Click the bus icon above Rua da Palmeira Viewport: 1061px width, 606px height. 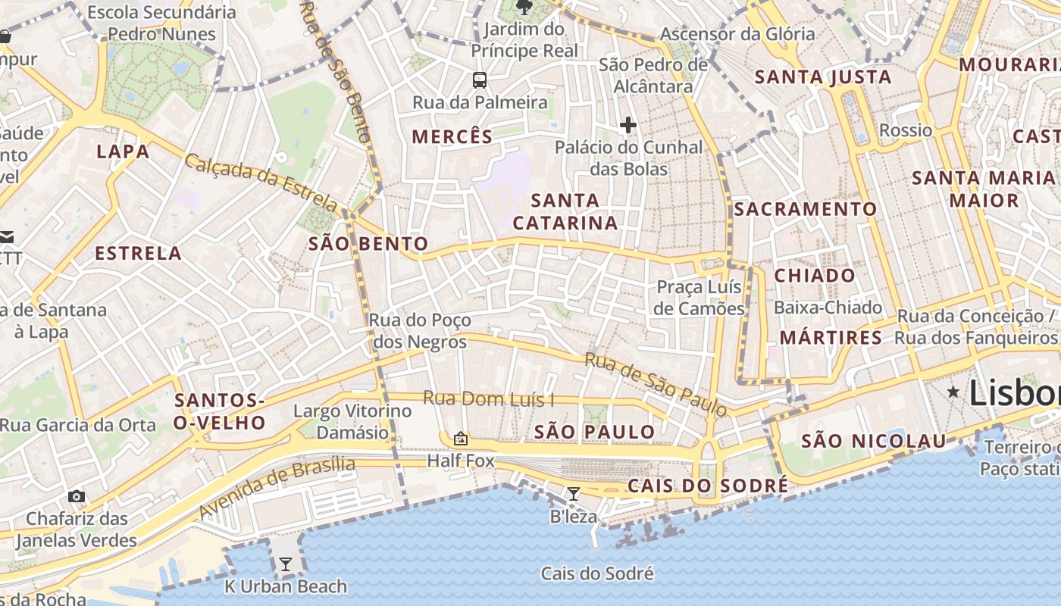pyautogui.click(x=479, y=80)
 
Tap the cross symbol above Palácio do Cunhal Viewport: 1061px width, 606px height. pyautogui.click(x=628, y=125)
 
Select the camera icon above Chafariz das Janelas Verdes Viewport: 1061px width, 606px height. pyautogui.click(x=77, y=496)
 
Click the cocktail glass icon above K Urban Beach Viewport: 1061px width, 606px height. pyautogui.click(x=285, y=564)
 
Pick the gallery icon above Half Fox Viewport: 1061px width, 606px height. pyautogui.click(x=460, y=439)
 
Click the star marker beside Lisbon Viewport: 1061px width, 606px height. pyautogui.click(x=953, y=391)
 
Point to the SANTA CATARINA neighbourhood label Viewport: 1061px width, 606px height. pyautogui.click(x=565, y=211)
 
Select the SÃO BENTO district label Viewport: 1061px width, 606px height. pyautogui.click(x=368, y=244)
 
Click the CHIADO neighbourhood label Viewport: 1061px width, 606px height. pyautogui.click(x=815, y=276)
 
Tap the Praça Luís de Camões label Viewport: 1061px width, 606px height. pyautogui.click(x=700, y=298)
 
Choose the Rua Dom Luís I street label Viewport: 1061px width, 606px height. pyautogui.click(x=488, y=398)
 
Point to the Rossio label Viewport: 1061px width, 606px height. pyautogui.click(x=906, y=130)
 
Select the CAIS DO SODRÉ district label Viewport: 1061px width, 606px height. pyautogui.click(x=708, y=486)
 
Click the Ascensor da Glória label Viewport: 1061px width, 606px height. pyautogui.click(x=737, y=34)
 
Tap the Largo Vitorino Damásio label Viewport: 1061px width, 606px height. pyautogui.click(x=352, y=422)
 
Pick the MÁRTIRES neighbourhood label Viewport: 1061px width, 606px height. pyautogui.click(x=831, y=338)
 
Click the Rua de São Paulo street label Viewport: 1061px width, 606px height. pyautogui.click(x=656, y=385)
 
